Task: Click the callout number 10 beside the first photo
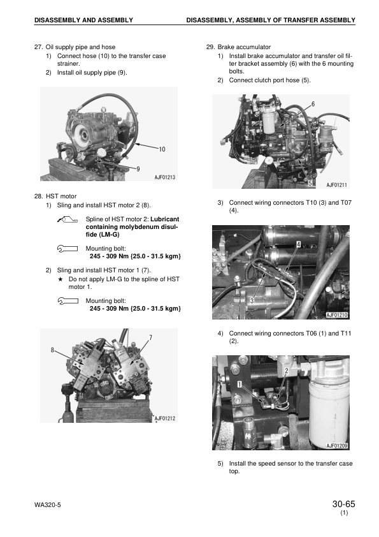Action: coord(162,149)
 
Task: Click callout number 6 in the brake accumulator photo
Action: coord(313,104)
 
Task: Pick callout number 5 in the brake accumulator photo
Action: coord(310,183)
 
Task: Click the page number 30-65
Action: coord(343,504)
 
